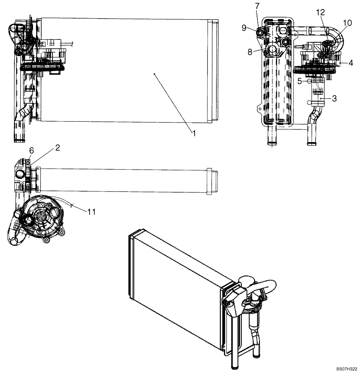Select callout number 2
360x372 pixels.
click(57, 148)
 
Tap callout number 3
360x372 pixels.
click(335, 99)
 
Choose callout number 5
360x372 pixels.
click(299, 81)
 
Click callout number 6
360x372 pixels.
click(32, 150)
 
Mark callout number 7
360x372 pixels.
click(257, 7)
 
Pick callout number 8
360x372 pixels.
click(253, 52)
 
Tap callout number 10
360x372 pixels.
click(347, 23)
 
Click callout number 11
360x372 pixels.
click(91, 212)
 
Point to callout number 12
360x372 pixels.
click(320, 12)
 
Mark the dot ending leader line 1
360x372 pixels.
click(154, 74)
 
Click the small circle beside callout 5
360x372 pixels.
click(309, 81)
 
